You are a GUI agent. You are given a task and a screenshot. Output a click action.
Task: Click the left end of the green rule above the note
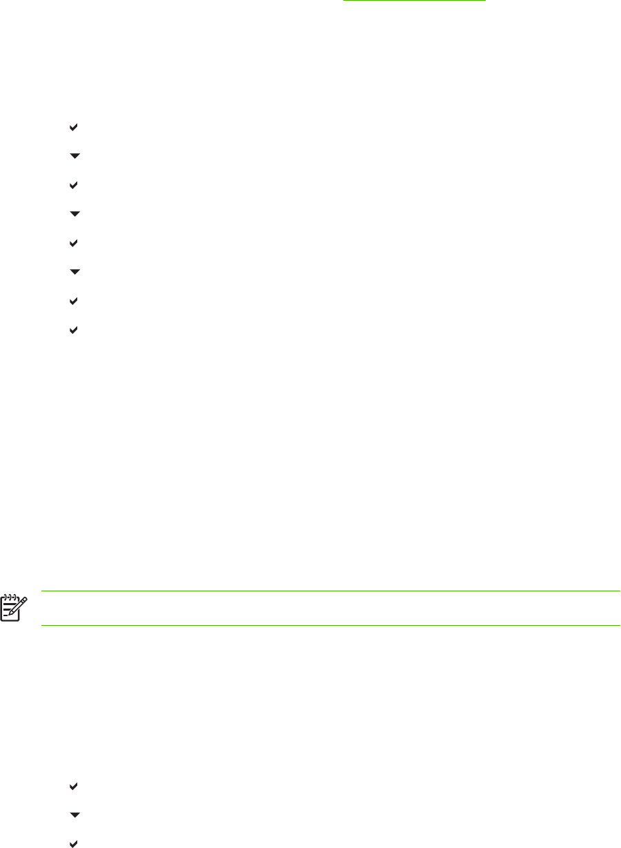[x=42, y=591]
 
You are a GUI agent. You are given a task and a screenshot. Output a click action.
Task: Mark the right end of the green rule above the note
[x=620, y=591]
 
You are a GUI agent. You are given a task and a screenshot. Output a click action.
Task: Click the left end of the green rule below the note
[x=42, y=626]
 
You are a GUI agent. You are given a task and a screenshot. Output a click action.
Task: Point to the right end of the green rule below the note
[x=620, y=626]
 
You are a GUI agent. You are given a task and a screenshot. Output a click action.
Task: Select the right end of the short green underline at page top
[x=486, y=2]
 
